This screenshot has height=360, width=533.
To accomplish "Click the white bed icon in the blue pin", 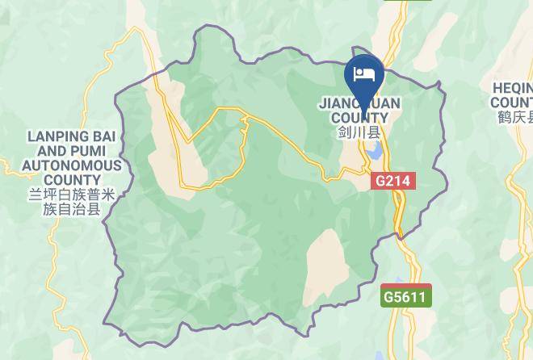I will (365, 74).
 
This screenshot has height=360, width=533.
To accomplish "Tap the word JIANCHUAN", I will (359, 104).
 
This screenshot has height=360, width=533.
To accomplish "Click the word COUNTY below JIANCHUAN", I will (359, 118).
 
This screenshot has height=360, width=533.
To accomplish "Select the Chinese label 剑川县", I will (359, 132).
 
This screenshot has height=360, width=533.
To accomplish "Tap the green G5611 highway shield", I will (406, 296).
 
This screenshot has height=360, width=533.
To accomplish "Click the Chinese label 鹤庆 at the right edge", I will (514, 118).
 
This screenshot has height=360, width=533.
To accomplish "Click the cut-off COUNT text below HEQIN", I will (512, 103).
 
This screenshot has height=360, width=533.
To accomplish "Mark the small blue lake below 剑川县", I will (373, 151).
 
